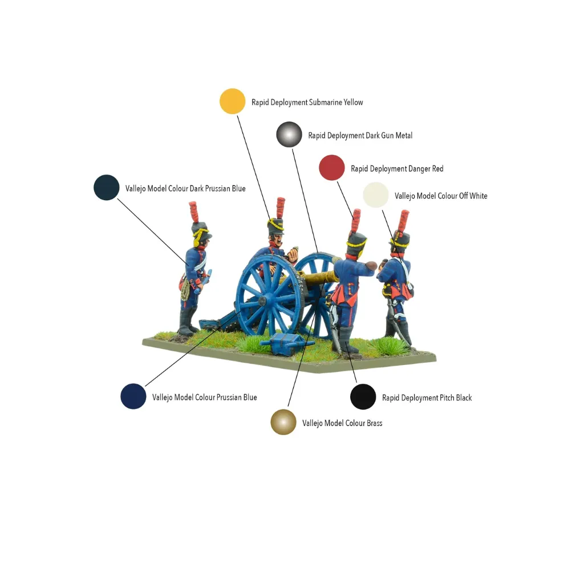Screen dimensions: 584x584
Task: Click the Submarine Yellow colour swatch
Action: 233,102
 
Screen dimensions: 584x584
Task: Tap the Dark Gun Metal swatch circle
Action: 289,135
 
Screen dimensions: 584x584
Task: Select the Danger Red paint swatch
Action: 332,168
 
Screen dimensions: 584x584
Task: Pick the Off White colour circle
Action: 376,195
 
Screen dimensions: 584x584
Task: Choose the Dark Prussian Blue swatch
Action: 107,187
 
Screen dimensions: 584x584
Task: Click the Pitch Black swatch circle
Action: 363,397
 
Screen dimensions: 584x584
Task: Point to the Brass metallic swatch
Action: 283,422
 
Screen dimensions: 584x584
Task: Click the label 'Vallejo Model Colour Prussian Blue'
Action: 205,398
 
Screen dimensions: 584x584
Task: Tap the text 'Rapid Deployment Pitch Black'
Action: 427,398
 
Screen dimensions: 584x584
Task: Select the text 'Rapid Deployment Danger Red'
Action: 397,169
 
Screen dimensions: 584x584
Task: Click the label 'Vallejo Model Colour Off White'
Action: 441,196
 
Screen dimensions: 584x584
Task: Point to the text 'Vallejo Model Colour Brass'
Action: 342,423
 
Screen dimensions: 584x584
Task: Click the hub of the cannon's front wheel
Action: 263,300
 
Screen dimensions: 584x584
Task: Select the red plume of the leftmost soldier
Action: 194,212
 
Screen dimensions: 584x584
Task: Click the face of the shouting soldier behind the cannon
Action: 278,240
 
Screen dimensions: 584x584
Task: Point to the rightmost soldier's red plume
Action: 404,221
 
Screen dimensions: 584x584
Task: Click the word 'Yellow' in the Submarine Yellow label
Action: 353,103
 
